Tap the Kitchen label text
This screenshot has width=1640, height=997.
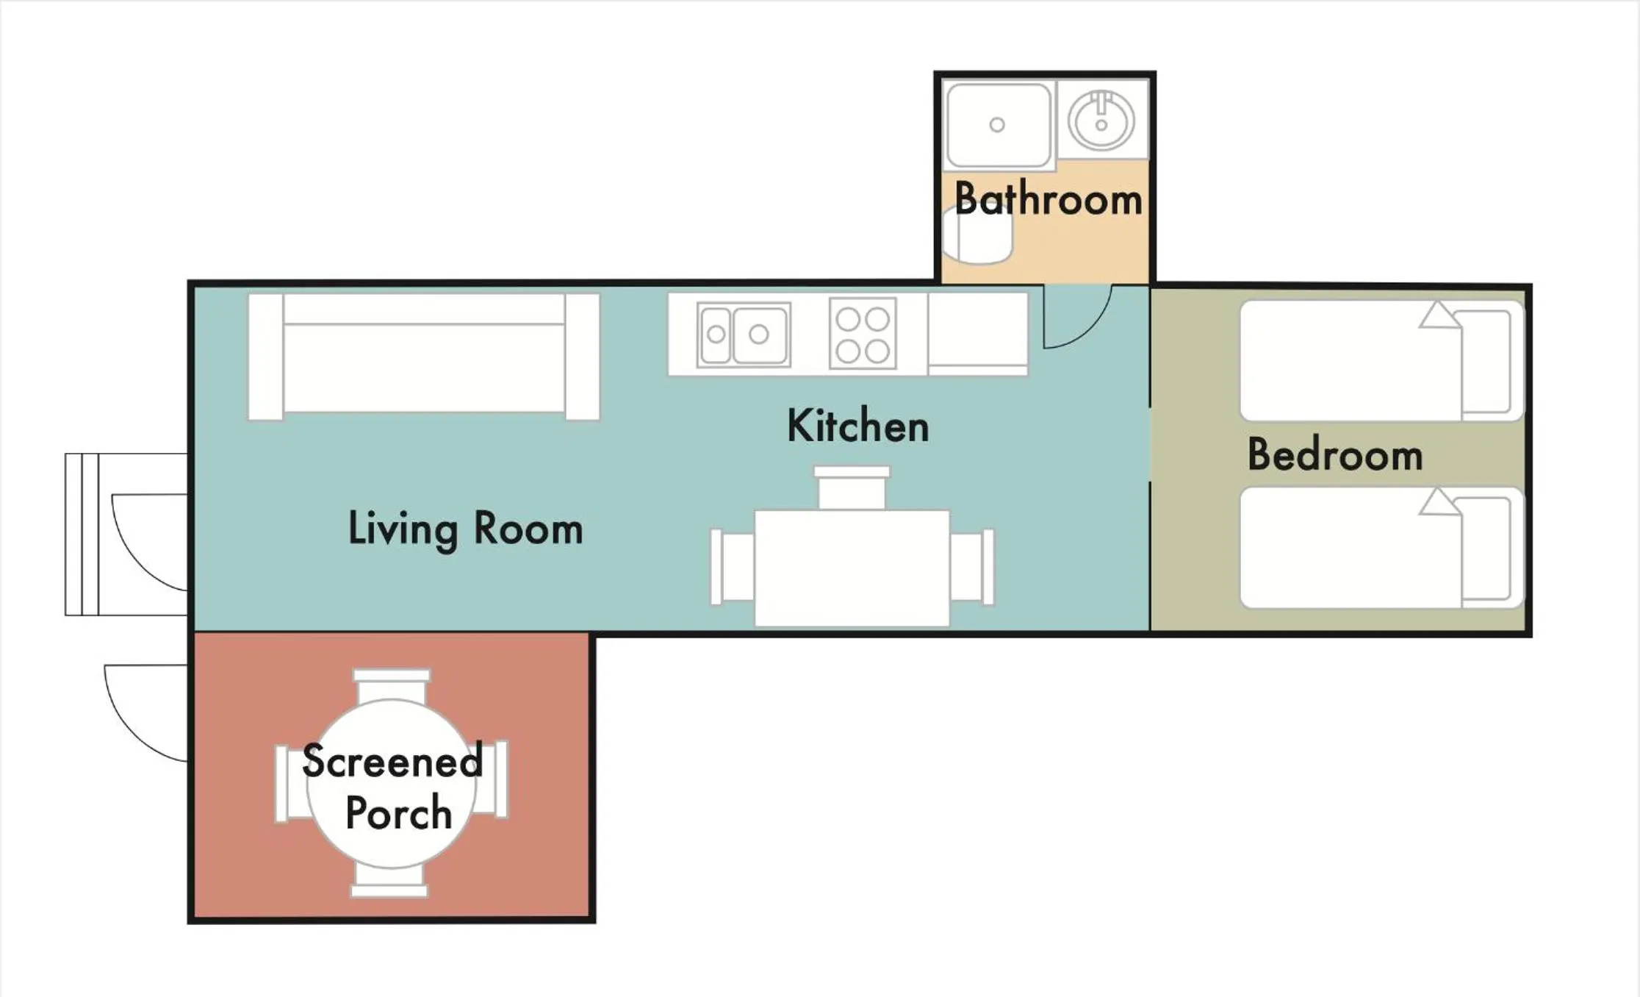[x=857, y=426]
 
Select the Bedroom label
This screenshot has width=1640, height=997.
[x=1335, y=454]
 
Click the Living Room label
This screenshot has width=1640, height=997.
[x=466, y=529]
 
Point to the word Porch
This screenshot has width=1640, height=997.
[x=398, y=812]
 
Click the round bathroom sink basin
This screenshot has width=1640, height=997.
[x=1101, y=121]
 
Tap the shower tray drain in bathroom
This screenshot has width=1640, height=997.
[x=997, y=125]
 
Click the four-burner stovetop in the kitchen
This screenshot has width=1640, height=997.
[x=863, y=333]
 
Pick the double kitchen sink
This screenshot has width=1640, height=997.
[x=744, y=335]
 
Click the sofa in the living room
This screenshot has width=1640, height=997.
[x=424, y=357]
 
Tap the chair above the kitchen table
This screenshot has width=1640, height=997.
[x=852, y=487]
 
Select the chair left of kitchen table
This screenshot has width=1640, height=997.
[x=733, y=567]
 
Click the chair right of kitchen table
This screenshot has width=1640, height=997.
[x=971, y=567]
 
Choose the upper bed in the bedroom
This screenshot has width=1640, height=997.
[x=1382, y=360]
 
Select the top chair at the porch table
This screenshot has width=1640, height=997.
[x=392, y=686]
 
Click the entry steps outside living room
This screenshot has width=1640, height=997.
[x=82, y=535]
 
